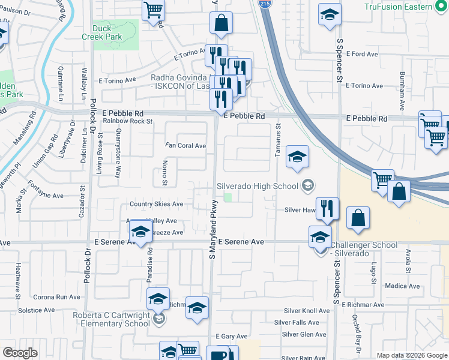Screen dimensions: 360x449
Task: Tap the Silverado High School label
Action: click(258, 186)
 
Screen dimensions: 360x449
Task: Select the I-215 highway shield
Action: click(264, 4)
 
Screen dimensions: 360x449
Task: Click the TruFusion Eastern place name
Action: click(397, 7)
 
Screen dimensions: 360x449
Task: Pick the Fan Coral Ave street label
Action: click(186, 146)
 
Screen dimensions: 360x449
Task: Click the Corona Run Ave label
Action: click(56, 297)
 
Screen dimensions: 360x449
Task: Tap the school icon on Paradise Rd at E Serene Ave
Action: click(140, 232)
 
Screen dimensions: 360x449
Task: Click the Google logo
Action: click(20, 353)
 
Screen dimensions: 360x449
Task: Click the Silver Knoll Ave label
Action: click(307, 311)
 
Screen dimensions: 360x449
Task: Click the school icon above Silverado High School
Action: click(297, 157)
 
